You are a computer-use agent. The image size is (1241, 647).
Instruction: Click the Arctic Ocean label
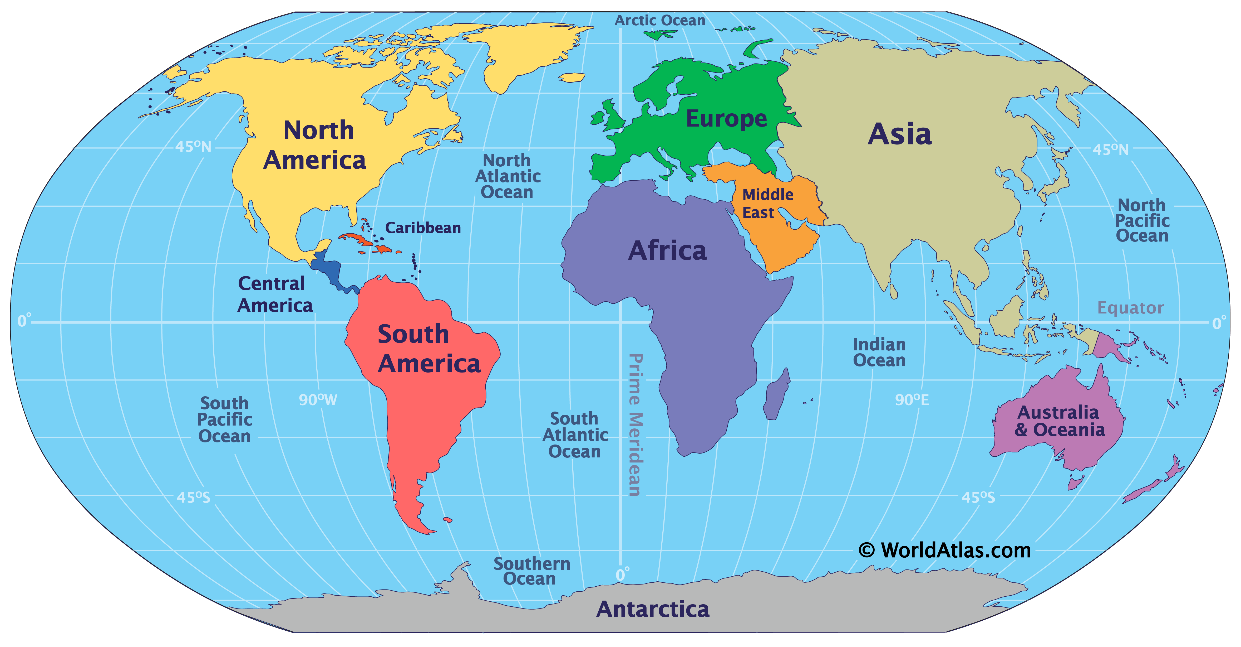pyautogui.click(x=659, y=20)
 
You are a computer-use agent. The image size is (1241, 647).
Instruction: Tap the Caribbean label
pyautogui.click(x=422, y=228)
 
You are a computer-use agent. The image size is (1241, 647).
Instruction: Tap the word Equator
pyautogui.click(x=1130, y=308)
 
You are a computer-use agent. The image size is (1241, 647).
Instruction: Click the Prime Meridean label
pyautogui.click(x=635, y=424)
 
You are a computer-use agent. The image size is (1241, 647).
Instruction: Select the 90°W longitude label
pyautogui.click(x=317, y=400)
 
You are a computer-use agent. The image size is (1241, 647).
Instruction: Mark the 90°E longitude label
pyautogui.click(x=912, y=400)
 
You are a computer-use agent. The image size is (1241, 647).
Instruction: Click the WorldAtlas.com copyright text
pyautogui.click(x=944, y=550)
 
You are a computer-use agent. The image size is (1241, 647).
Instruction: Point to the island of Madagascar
pyautogui.click(x=777, y=395)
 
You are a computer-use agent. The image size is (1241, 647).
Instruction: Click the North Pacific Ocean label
pyautogui.click(x=1142, y=220)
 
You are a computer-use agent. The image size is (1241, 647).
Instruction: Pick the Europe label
pyautogui.click(x=726, y=119)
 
